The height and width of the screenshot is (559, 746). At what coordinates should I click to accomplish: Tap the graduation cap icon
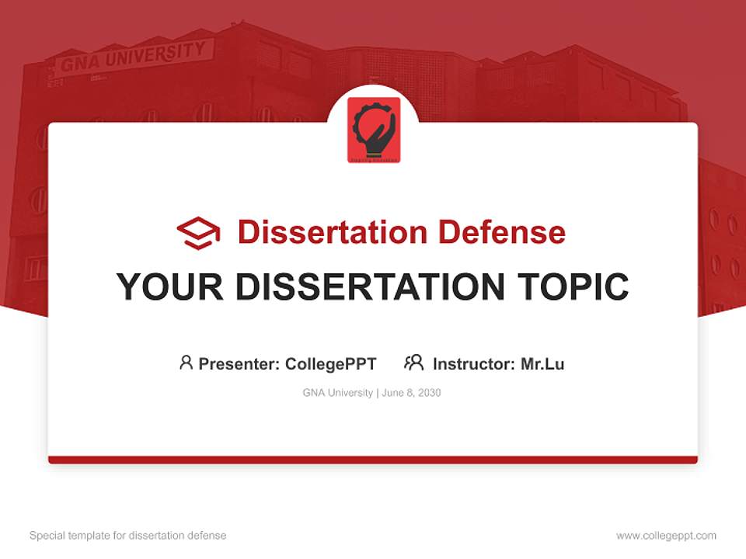click(x=198, y=232)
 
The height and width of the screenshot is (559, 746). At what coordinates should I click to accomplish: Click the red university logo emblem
click(x=374, y=130)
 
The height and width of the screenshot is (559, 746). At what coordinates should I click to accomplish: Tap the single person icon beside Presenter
click(x=186, y=363)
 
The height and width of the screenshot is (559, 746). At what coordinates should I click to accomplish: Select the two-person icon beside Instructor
click(x=413, y=363)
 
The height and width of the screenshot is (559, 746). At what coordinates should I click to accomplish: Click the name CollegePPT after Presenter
click(x=331, y=363)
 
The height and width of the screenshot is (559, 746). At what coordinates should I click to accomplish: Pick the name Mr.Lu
click(x=542, y=363)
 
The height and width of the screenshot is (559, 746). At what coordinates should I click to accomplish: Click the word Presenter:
click(x=239, y=363)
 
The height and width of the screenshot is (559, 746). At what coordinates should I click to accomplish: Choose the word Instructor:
click(x=474, y=363)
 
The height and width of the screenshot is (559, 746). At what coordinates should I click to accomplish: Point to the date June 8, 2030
click(x=412, y=393)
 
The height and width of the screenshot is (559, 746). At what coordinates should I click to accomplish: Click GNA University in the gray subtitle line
click(x=337, y=393)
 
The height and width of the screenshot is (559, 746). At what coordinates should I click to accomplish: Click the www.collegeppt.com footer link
click(x=666, y=536)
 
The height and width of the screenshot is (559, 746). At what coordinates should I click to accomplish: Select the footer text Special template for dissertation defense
click(x=127, y=536)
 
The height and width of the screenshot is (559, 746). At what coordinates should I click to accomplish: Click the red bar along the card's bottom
click(x=373, y=460)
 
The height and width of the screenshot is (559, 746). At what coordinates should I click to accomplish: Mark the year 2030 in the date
click(x=429, y=393)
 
